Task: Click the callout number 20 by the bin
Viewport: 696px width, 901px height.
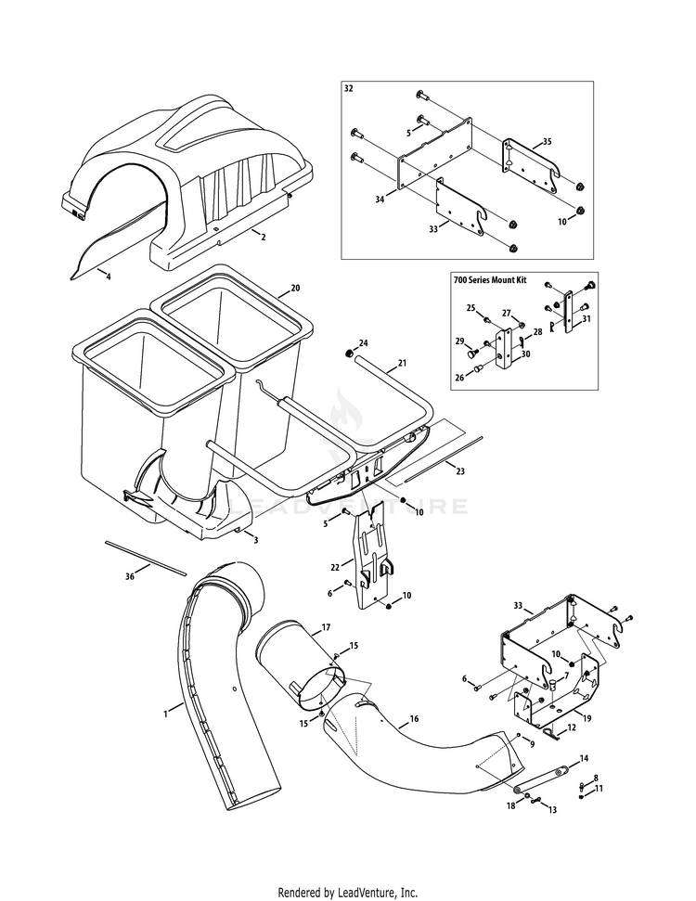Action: click(x=295, y=288)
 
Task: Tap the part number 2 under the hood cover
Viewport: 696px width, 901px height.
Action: click(x=263, y=238)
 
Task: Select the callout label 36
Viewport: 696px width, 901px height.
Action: click(x=130, y=576)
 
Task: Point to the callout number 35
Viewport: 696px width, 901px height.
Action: click(x=547, y=141)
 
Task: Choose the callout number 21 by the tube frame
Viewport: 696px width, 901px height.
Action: click(x=402, y=363)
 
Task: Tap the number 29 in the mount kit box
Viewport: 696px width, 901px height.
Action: click(x=459, y=341)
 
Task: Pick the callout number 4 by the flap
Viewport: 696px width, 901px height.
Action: click(x=108, y=276)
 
